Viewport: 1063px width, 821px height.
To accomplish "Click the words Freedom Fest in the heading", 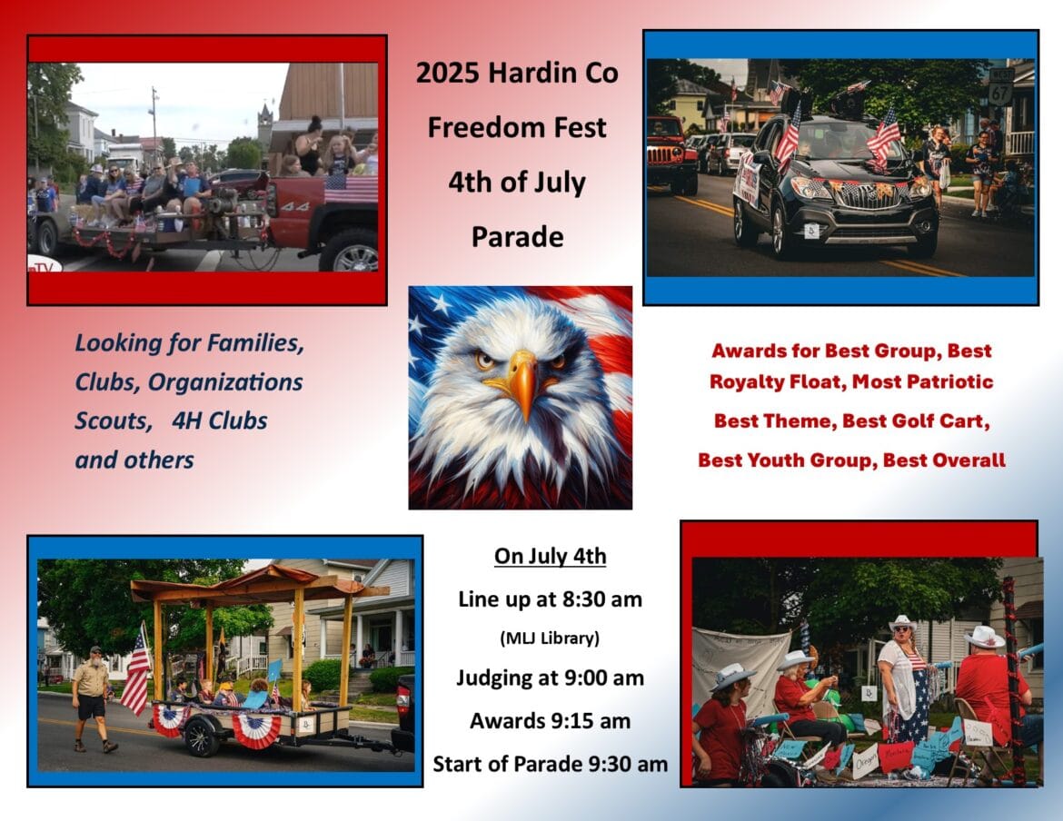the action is pos(517,127).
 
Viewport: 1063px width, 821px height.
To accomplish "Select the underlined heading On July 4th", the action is pos(550,556).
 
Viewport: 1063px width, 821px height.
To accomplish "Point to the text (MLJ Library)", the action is pos(550,638).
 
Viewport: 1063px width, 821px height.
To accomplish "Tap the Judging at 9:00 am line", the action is pos(550,678).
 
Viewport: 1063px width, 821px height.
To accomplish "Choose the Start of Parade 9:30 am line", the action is pos(550,764).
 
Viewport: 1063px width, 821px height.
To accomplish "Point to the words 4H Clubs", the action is pos(220,420).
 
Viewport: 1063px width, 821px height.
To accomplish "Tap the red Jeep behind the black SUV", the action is pos(671,154).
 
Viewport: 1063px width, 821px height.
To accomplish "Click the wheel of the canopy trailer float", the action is pos(202,737).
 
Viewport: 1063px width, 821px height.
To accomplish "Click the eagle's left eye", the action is pos(485,360).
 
